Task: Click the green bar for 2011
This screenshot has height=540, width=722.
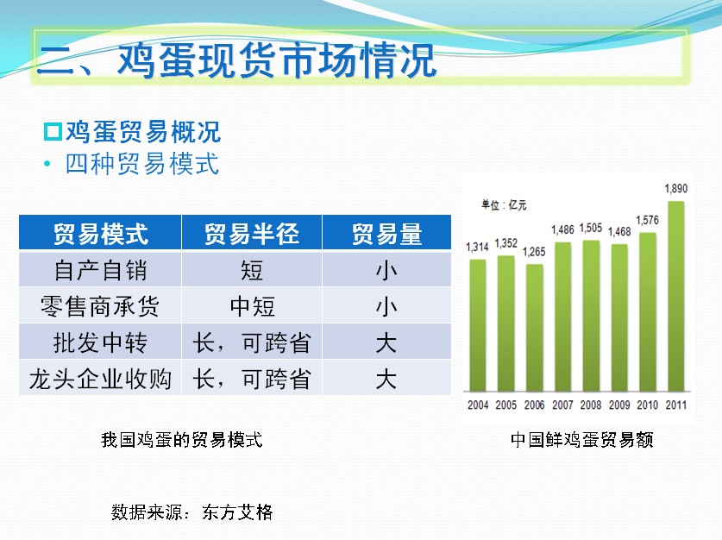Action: click(676, 296)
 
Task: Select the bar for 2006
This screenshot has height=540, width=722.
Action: click(534, 328)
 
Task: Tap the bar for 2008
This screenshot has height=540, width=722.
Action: click(591, 316)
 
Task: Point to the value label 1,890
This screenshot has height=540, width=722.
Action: click(676, 189)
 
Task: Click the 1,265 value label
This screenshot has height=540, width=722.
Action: click(534, 252)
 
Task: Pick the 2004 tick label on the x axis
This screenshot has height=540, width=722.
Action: click(478, 405)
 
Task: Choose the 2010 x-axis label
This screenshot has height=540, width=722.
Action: click(648, 405)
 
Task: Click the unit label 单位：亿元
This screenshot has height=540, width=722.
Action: click(504, 204)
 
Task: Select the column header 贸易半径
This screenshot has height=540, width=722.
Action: click(252, 234)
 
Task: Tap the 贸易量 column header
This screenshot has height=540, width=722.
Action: click(386, 234)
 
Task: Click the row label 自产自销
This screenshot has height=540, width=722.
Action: click(100, 270)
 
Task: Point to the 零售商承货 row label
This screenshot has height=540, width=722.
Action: click(100, 306)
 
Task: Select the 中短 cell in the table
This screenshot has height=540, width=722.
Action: click(253, 306)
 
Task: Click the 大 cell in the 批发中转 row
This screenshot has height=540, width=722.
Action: click(386, 342)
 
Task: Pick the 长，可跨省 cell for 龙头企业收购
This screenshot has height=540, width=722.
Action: click(252, 379)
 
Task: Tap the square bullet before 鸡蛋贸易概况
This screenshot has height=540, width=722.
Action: click(53, 132)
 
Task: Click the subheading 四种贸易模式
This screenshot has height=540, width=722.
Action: click(141, 163)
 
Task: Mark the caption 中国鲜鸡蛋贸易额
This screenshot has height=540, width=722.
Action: click(582, 440)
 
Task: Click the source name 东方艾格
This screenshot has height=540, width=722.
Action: click(237, 512)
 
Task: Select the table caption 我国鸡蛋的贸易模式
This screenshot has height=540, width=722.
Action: click(182, 440)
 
